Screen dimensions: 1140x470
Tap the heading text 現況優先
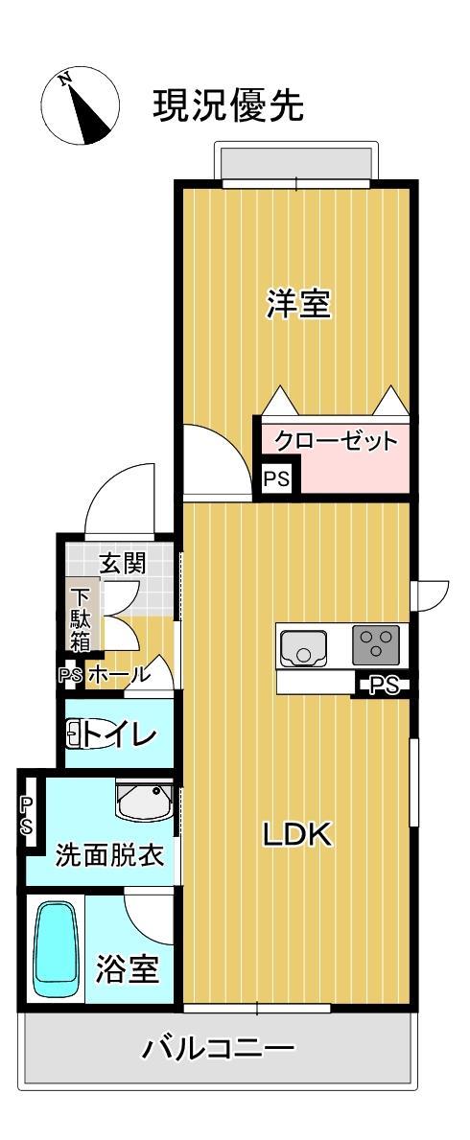coord(228,106)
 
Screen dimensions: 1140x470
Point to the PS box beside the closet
coord(276,477)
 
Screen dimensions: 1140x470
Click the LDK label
coord(297,835)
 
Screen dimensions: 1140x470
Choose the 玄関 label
coord(123,563)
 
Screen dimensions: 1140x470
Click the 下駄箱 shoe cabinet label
coord(79,618)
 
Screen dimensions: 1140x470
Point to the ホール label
coord(119,675)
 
